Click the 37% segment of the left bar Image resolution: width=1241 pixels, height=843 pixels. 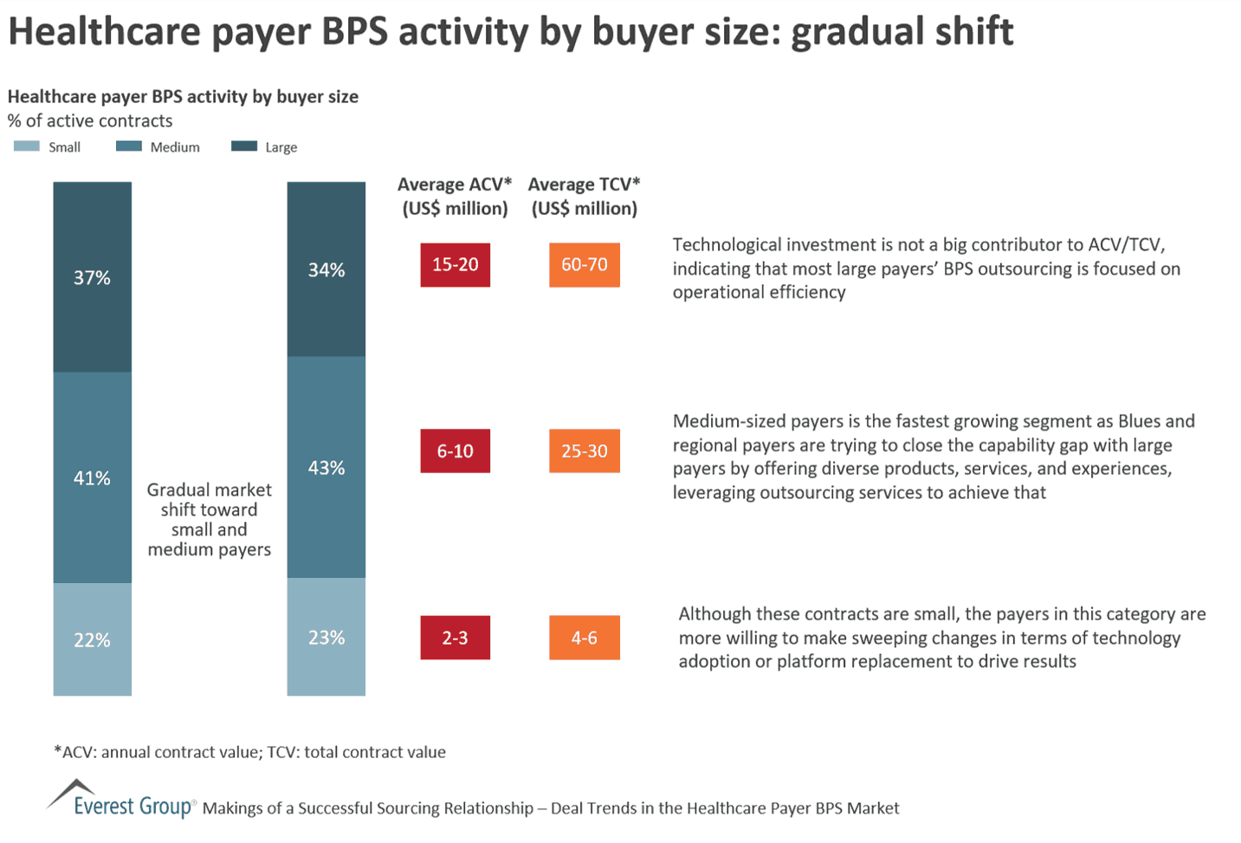click(x=92, y=277)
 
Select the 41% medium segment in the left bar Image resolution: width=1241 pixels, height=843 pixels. click(x=92, y=477)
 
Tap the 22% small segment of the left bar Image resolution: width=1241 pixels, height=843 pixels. click(x=92, y=639)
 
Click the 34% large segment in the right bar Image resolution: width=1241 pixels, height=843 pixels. click(x=326, y=269)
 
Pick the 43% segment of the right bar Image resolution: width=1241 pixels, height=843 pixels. click(x=326, y=467)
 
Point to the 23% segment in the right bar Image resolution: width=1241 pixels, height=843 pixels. click(x=326, y=637)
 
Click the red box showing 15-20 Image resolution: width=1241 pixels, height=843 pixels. click(x=455, y=265)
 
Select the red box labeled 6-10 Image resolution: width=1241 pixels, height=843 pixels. click(x=455, y=451)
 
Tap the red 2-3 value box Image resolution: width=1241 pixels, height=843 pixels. click(x=455, y=638)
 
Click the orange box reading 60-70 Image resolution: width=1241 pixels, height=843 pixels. click(x=584, y=265)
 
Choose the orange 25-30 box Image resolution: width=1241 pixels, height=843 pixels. click(x=584, y=451)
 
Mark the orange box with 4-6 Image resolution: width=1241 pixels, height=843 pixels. click(x=584, y=638)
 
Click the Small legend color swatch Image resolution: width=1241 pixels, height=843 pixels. click(x=27, y=146)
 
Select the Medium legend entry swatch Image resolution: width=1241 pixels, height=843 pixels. click(x=129, y=146)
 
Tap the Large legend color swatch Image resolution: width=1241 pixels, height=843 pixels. click(x=244, y=146)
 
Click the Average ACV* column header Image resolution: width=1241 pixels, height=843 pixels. click(x=455, y=196)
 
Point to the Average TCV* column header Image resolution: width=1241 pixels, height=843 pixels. click(x=584, y=196)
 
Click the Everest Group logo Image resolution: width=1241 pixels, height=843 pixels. click(x=121, y=801)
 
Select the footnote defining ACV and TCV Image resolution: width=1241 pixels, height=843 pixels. click(x=250, y=752)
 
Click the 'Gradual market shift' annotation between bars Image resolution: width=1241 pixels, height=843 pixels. click(x=209, y=519)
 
